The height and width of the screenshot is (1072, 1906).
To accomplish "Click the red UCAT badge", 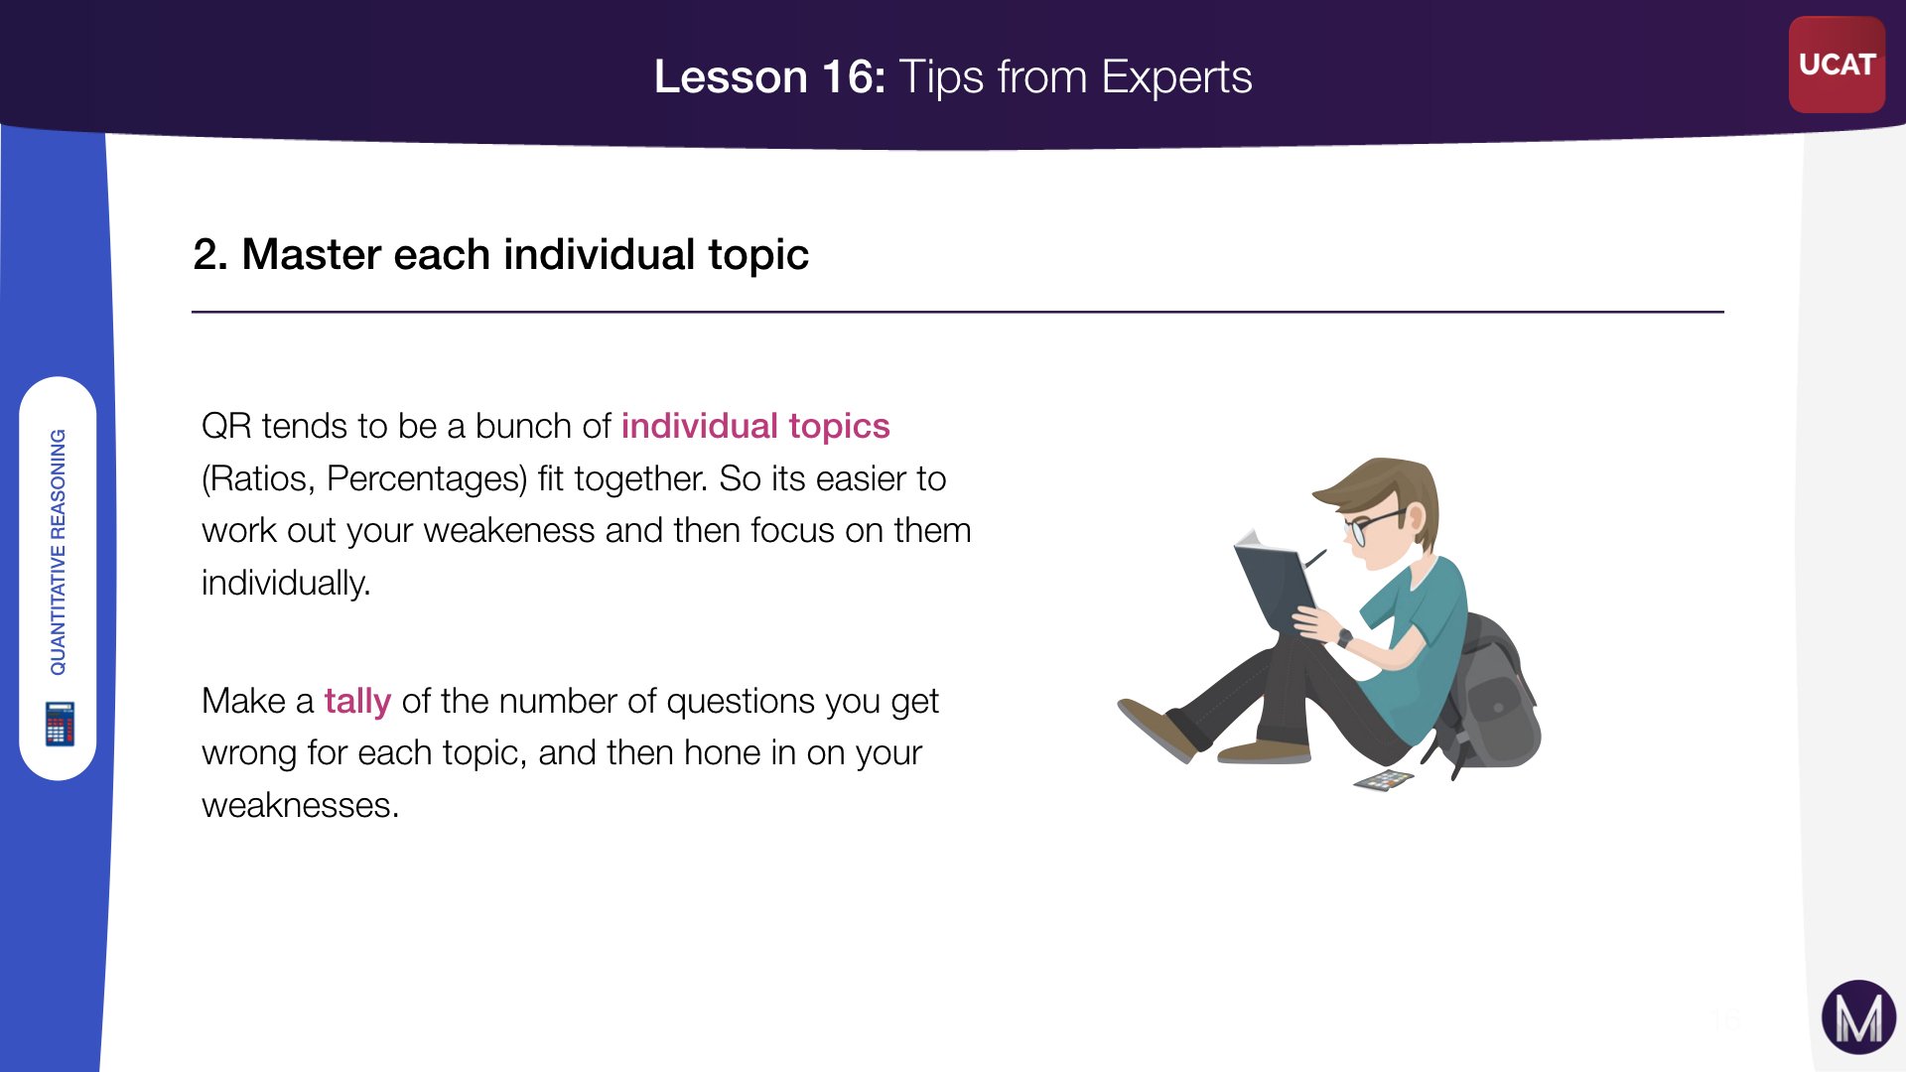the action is pos(1837,65).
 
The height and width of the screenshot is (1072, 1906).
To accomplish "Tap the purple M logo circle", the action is pos(1858,1017).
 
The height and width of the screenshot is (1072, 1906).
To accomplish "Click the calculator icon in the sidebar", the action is pos(60,724).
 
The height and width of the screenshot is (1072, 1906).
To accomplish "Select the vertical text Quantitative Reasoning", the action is pos(59,552).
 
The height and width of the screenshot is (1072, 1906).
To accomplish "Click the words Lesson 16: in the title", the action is pos(769,76).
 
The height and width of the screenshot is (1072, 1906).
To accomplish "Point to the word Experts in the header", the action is pos(1176,76).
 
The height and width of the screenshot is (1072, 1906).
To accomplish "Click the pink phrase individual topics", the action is pos(755,426).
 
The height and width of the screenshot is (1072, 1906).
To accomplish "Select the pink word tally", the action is pos(357,701).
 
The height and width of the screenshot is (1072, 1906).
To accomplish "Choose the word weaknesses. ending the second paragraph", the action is pos(300,805).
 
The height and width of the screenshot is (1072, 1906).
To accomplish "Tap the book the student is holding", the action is pos(1275,586).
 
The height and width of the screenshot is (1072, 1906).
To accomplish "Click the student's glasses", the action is pos(1375,526).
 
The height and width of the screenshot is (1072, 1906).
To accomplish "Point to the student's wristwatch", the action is pos(1344,638).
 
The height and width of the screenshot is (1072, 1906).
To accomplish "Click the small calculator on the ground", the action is pos(1384,781).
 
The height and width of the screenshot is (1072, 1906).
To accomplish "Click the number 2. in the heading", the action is pos(210,254).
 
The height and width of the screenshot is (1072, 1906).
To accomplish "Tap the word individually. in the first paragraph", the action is pos(286,583).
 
